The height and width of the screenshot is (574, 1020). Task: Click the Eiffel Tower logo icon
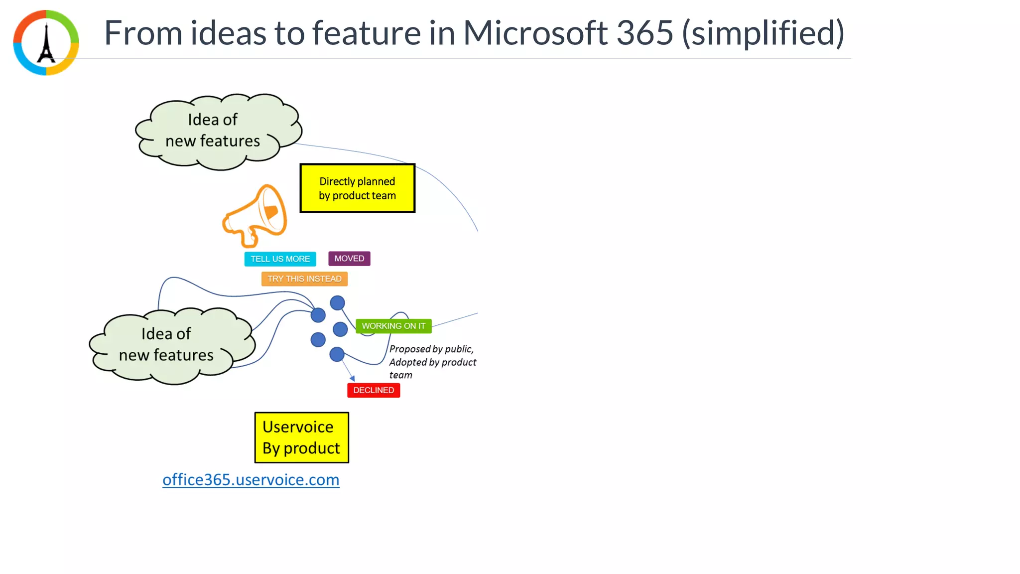tap(46, 43)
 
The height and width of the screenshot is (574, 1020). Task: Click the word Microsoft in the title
tap(535, 33)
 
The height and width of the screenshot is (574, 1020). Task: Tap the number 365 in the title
tap(644, 33)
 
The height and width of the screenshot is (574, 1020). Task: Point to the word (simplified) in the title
tap(763, 33)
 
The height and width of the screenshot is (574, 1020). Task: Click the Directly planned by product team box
tap(357, 188)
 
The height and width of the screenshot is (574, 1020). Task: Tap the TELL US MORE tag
tap(280, 259)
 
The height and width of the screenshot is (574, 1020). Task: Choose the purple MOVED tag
tap(349, 259)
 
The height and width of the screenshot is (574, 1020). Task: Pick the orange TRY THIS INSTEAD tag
tap(304, 279)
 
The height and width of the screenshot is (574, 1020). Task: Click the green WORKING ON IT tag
tap(393, 326)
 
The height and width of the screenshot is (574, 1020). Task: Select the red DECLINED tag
tap(374, 390)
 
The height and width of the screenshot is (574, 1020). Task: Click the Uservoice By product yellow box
tap(301, 437)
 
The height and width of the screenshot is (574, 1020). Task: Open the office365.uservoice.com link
tap(251, 480)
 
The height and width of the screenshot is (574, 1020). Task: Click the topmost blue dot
tap(337, 302)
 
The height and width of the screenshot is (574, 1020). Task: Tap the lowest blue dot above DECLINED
tap(337, 354)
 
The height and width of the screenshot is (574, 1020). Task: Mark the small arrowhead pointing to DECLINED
tap(353, 379)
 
